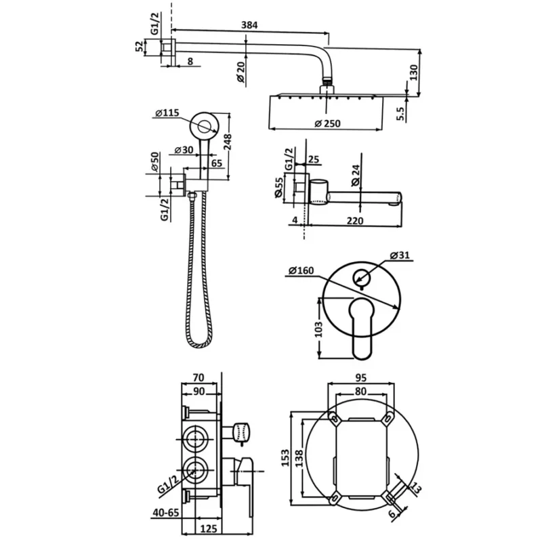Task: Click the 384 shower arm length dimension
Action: (x=249, y=25)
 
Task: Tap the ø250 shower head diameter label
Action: (x=327, y=123)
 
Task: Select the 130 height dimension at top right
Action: (x=414, y=72)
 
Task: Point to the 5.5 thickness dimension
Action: (x=400, y=113)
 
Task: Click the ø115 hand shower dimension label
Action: (x=167, y=112)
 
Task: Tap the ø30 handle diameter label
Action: (x=184, y=150)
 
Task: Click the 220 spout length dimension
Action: (x=355, y=221)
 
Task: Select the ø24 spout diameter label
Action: (x=356, y=175)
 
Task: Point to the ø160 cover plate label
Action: (x=301, y=270)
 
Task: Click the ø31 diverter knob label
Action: (x=399, y=255)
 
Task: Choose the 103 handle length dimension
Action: (x=318, y=329)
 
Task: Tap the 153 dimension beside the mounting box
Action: (x=285, y=458)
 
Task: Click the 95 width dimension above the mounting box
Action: (x=360, y=378)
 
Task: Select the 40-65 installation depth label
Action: (x=166, y=512)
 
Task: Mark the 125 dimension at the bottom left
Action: (x=209, y=528)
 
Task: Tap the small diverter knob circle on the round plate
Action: (x=362, y=277)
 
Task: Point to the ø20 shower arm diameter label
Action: (x=241, y=72)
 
